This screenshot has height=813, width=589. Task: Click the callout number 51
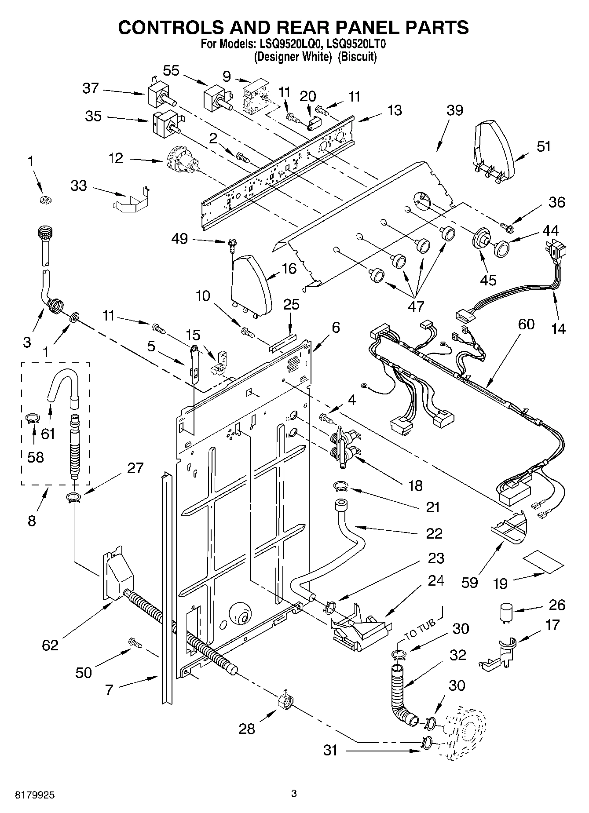(543, 146)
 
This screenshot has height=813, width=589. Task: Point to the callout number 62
(50, 645)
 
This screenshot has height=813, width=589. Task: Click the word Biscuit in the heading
(357, 57)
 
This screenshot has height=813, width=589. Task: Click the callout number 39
(454, 110)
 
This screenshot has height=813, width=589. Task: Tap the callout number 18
(415, 485)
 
